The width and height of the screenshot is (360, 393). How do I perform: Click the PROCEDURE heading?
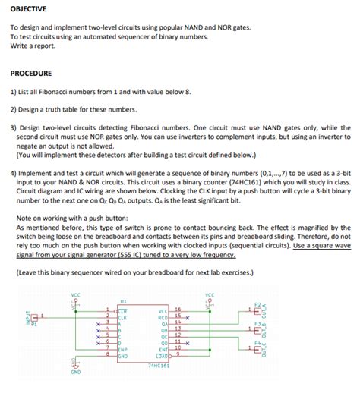tap(31, 74)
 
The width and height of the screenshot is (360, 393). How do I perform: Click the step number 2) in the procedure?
tap(14, 108)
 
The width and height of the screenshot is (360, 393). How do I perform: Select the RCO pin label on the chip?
tap(163, 316)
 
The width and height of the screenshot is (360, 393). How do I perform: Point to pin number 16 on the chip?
tap(178, 310)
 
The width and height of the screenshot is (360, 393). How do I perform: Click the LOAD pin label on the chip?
tap(161, 356)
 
